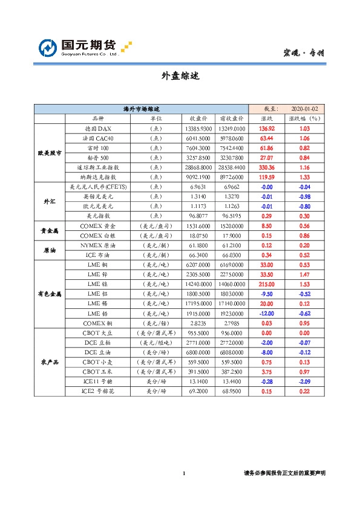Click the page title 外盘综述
(180, 76)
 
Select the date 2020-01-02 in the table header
(304, 109)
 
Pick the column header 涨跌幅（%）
(304, 119)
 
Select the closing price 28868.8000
(199, 167)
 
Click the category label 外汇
(50, 201)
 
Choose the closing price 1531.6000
(199, 225)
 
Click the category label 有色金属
(50, 293)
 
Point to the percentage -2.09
(304, 381)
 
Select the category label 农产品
(50, 361)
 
